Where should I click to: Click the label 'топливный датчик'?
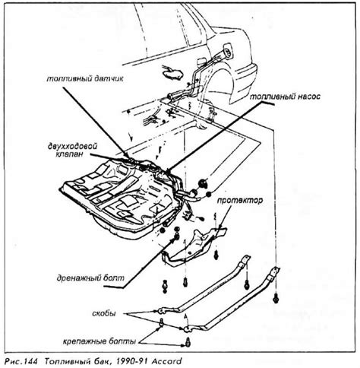[x=72, y=77]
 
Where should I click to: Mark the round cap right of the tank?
[x=205, y=182]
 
